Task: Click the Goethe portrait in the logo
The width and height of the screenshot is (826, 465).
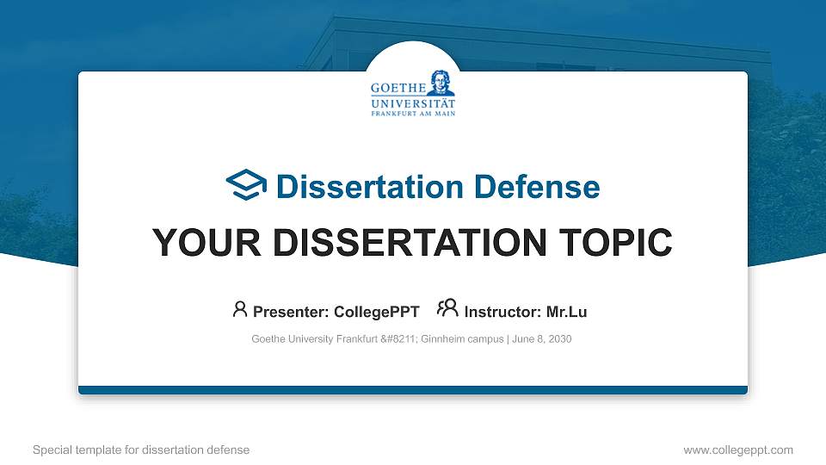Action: tap(441, 82)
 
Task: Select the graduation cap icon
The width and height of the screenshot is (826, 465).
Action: tap(246, 184)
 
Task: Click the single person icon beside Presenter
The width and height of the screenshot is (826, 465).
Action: tap(240, 309)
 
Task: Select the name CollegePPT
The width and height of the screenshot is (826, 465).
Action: tap(376, 312)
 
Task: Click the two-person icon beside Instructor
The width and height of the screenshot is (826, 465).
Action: tap(447, 309)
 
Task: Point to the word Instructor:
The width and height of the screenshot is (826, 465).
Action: tap(496, 312)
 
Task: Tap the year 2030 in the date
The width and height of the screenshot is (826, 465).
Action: tap(558, 339)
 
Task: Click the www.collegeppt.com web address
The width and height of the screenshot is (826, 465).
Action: tap(738, 449)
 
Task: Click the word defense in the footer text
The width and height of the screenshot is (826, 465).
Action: tap(229, 449)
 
